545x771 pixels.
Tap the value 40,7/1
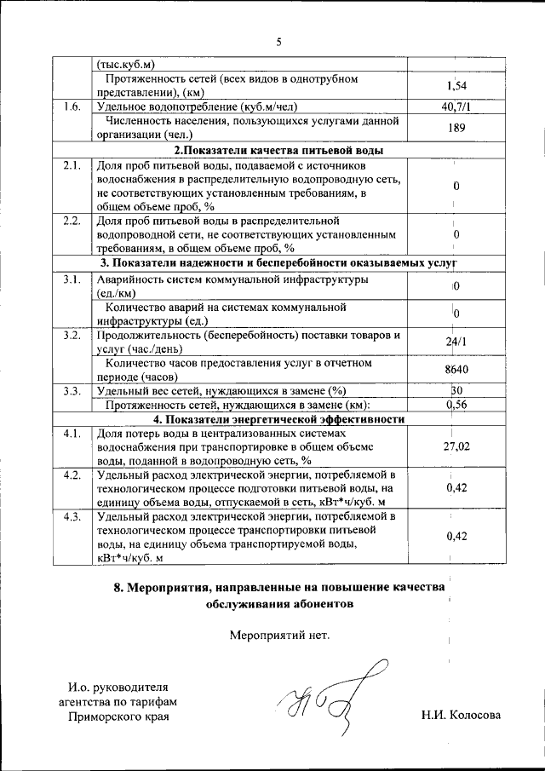pyautogui.click(x=456, y=107)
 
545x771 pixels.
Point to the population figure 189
pyautogui.click(x=456, y=128)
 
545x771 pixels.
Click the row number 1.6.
pyautogui.click(x=72, y=107)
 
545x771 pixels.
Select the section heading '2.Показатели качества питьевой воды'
pyautogui.click(x=278, y=150)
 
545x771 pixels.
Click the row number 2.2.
pyautogui.click(x=72, y=221)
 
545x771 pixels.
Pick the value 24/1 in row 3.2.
pyautogui.click(x=456, y=342)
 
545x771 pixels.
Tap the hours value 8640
pyautogui.click(x=456, y=370)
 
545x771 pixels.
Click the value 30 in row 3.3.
pyautogui.click(x=456, y=390)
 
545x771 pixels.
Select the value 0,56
pyautogui.click(x=457, y=405)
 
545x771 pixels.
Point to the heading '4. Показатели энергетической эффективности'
pyautogui.click(x=278, y=419)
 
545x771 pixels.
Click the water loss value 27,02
pyautogui.click(x=456, y=447)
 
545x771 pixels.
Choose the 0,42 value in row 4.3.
pyautogui.click(x=457, y=537)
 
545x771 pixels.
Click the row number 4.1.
pyautogui.click(x=72, y=434)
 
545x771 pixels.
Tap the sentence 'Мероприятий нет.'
pyautogui.click(x=278, y=635)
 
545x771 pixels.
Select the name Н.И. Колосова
pyautogui.click(x=461, y=716)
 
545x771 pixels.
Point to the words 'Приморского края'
pyautogui.click(x=118, y=716)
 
